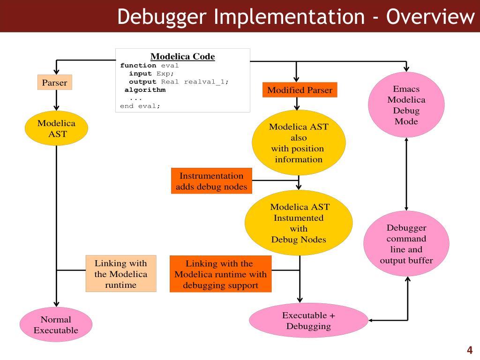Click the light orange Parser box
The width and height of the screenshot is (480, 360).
coord(54,82)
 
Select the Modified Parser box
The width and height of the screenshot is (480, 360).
coord(300,90)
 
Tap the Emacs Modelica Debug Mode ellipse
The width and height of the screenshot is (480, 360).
coord(406,105)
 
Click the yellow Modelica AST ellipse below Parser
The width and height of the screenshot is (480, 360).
coord(56,128)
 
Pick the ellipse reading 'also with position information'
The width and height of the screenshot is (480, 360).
coord(299,143)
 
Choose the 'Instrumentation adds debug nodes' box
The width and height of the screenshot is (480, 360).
coord(211,181)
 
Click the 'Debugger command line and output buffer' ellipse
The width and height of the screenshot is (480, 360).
coord(406,244)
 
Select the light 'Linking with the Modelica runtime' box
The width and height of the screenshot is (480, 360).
coord(120,274)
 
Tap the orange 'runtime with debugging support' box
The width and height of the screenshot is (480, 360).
coord(220,274)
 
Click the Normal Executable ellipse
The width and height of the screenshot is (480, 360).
coord(56,325)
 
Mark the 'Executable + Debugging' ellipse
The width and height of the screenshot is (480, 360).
coord(308,321)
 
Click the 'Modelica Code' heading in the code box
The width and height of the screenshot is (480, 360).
coord(182,57)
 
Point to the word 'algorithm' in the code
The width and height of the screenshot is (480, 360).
coord(145,90)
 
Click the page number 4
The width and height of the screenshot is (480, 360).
coord(469,350)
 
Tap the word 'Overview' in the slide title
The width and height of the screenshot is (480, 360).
coord(430,17)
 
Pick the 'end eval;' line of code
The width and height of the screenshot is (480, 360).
coord(140,106)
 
